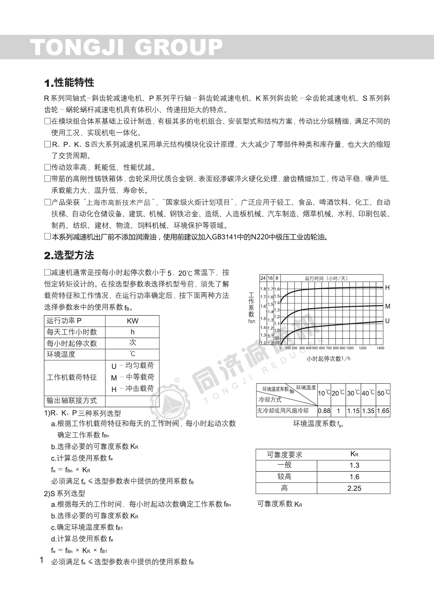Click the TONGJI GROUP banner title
point(126,47)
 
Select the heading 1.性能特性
point(69,83)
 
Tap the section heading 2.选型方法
point(69,255)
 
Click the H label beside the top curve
point(387,288)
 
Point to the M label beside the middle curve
point(388,306)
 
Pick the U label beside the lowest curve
point(387,321)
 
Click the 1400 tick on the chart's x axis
point(380,348)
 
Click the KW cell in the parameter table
point(132,321)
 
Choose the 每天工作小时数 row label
point(72,332)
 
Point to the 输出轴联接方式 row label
point(72,400)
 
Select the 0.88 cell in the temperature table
point(324,411)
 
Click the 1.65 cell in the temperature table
point(383,411)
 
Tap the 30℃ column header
point(353,393)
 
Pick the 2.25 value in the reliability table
point(354,488)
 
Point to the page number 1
point(41,560)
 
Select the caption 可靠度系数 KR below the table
point(279,504)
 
